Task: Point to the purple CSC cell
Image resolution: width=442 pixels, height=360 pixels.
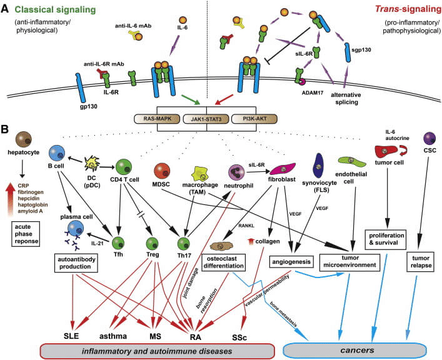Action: click(x=413, y=139)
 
